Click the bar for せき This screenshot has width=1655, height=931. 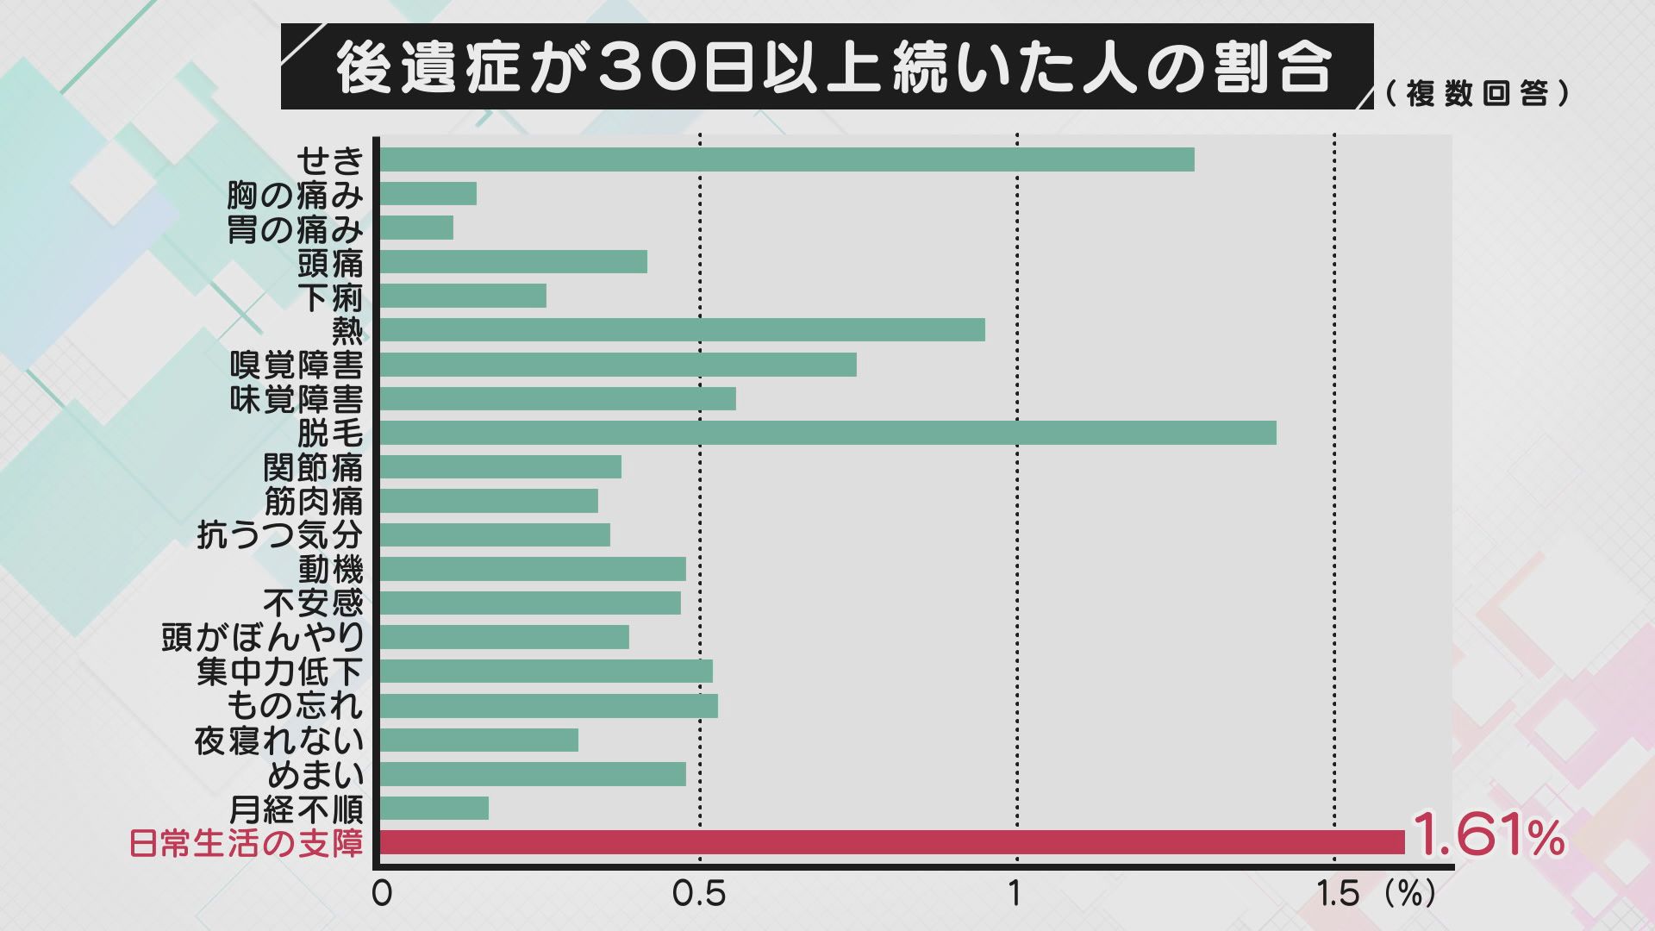786,159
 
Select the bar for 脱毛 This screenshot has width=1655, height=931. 827,433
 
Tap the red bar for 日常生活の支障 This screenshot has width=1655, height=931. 892,842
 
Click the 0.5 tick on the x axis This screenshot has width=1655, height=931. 699,894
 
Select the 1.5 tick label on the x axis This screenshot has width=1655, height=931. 1338,894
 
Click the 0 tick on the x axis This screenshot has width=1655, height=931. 382,894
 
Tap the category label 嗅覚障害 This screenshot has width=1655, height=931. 297,366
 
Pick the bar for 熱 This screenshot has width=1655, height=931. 682,330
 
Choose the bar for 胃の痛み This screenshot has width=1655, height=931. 416,228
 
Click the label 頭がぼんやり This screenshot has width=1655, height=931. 263,637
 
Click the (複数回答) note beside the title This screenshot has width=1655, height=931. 1478,93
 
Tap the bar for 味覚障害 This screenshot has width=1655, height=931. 558,398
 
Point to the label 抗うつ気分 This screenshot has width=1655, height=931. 280,535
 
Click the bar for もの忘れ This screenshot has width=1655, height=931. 548,706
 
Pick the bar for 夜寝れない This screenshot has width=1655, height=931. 478,740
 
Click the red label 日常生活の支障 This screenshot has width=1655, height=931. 247,843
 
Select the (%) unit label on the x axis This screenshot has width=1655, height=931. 1410,894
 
